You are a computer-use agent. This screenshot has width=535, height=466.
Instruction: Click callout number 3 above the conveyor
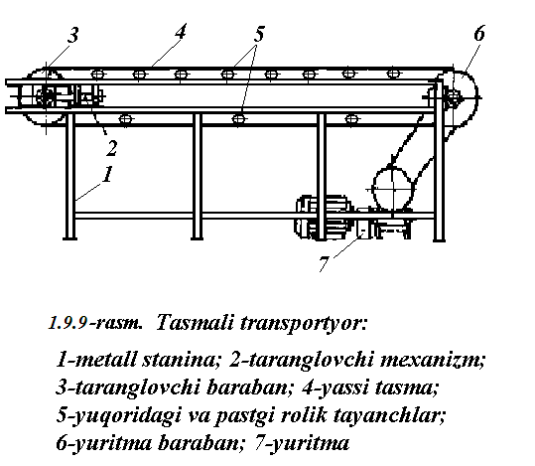(72, 35)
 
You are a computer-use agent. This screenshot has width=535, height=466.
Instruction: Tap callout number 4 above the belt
(181, 32)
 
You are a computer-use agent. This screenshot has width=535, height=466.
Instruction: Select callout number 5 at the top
(259, 34)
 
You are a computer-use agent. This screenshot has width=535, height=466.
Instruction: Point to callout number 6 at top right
(479, 33)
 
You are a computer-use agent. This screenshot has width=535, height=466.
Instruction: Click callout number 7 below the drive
(325, 263)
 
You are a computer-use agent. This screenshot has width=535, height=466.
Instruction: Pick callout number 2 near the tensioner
(111, 148)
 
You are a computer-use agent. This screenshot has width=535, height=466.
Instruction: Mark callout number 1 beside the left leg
(107, 174)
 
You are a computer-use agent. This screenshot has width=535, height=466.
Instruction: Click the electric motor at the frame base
(323, 217)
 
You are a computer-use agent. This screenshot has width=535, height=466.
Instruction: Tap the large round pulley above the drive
(393, 188)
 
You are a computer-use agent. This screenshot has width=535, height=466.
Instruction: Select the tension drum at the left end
(45, 96)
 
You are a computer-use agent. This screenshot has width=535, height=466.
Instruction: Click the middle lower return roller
(238, 119)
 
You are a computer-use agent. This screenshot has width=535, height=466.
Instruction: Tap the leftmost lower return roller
(125, 119)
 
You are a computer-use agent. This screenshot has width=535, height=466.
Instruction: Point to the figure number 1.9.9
(67, 323)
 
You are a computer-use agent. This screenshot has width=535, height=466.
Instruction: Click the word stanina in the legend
(181, 360)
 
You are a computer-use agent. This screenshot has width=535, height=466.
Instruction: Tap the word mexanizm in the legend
(431, 360)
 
